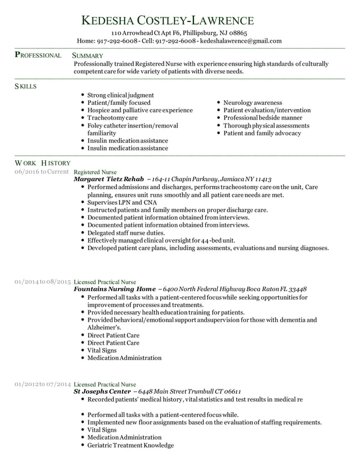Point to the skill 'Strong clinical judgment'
point(121,95)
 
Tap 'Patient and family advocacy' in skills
point(262,133)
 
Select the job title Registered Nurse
point(95,171)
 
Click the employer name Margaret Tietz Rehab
point(109,178)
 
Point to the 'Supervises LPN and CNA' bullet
point(122,202)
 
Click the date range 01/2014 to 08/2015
point(43,280)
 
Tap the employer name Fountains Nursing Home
point(115,288)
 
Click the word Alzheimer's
point(104,327)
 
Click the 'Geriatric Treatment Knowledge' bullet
point(130,445)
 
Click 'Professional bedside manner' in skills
point(262,118)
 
